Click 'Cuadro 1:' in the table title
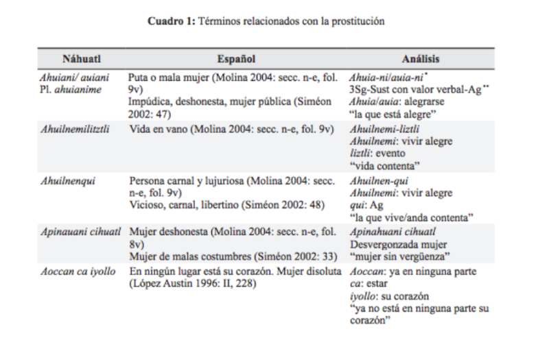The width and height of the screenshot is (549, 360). point(172,21)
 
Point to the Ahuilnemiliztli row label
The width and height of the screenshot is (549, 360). point(77,128)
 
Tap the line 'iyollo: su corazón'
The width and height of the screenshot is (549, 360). point(388,296)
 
